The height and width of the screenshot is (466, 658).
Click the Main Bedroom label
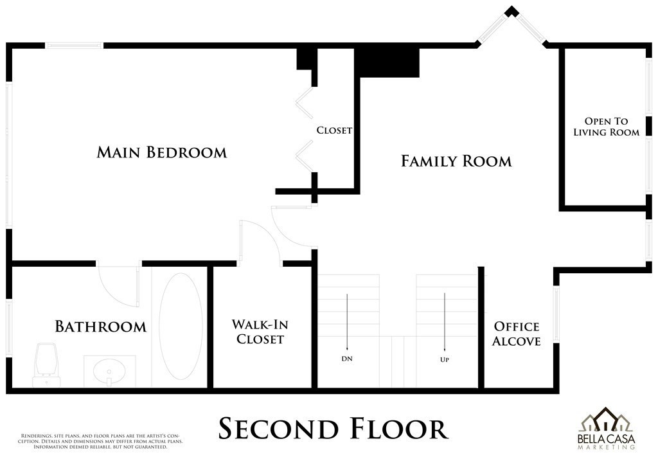click(162, 152)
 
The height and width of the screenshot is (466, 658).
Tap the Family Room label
click(457, 161)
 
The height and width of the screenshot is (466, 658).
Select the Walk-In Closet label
click(260, 332)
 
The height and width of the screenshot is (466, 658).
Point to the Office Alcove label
click(517, 334)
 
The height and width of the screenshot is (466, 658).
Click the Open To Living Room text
click(607, 127)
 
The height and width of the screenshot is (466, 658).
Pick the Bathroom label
click(101, 327)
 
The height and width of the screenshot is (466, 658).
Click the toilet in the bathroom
click(46, 364)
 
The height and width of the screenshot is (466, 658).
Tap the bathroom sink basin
click(109, 372)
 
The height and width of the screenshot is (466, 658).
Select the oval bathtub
click(181, 327)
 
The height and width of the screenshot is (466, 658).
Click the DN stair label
click(347, 359)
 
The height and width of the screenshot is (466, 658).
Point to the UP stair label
click(445, 360)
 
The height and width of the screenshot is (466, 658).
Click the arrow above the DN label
click(347, 322)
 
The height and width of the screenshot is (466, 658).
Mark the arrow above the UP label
click(445, 322)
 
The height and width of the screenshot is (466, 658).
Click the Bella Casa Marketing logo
click(606, 428)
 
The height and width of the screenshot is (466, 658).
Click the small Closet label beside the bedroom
click(334, 130)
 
